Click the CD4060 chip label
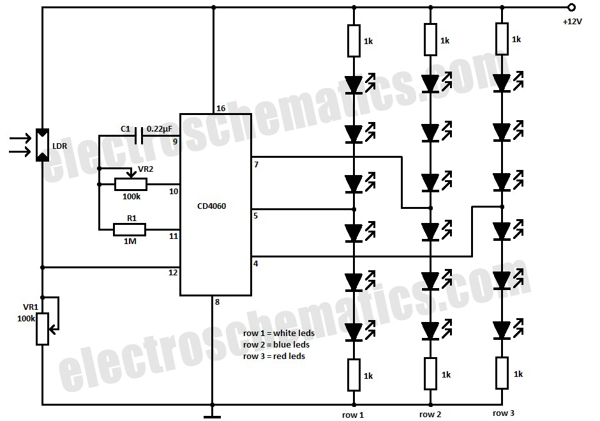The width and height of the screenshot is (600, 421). pos(213,206)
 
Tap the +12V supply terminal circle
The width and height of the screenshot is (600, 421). pos(571,8)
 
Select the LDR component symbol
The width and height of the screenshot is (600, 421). pos(42,145)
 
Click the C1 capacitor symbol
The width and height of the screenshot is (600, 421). pos(139,135)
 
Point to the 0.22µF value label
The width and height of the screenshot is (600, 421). pos(160,128)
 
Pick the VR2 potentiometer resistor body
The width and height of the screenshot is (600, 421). pos(131,185)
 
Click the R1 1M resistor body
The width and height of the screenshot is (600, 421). pos(131,229)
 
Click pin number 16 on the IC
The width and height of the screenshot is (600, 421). pos(221,109)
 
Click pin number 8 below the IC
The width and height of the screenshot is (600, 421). pos(218,302)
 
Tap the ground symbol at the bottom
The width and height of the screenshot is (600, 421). pos(213,416)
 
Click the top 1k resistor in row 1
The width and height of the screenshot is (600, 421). pos(354,41)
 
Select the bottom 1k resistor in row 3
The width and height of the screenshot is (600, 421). pos(502,373)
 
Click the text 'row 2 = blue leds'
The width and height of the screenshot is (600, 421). pos(276,345)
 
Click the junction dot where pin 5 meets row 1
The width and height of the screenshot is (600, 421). pos(354,209)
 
